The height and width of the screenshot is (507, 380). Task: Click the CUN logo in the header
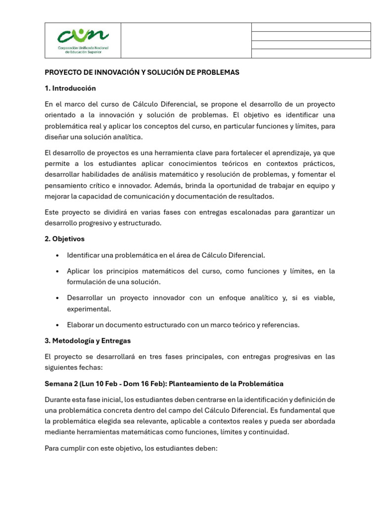point(83,36)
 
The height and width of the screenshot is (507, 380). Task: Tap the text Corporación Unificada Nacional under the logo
point(83,48)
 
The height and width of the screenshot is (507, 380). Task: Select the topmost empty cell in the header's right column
point(311,27)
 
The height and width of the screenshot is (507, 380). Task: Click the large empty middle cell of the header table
point(186,41)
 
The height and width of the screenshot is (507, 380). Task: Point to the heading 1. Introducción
point(70,88)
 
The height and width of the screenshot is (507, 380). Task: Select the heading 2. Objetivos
point(65,239)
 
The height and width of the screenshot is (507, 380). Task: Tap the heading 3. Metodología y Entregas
point(88,341)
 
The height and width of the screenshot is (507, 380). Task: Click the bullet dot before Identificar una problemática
point(58,255)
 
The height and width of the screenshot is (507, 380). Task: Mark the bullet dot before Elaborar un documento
point(58,325)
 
